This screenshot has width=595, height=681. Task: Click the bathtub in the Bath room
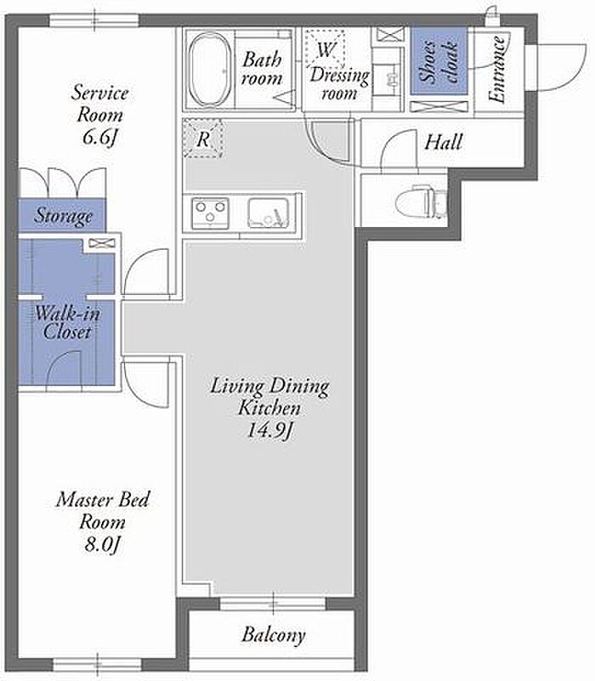[x=210, y=70]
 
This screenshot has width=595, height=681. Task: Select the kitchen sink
[x=269, y=213]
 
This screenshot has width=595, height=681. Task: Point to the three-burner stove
[x=211, y=213]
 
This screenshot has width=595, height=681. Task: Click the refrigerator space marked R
[x=203, y=139]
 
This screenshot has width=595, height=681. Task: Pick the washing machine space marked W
[x=325, y=49]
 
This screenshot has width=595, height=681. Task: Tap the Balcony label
[x=274, y=635]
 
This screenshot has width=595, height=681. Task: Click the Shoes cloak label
[x=439, y=61]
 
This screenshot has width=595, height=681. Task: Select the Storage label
[x=64, y=216]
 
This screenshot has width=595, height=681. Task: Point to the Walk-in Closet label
[x=67, y=322]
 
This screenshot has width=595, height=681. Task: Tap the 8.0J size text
[x=102, y=544]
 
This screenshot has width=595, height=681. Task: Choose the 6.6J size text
[x=100, y=137]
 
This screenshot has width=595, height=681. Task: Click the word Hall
[x=443, y=142]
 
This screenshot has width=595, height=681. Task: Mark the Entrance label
[x=496, y=70]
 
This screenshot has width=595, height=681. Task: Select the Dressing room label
[x=339, y=84]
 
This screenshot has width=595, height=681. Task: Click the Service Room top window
[x=94, y=20]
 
